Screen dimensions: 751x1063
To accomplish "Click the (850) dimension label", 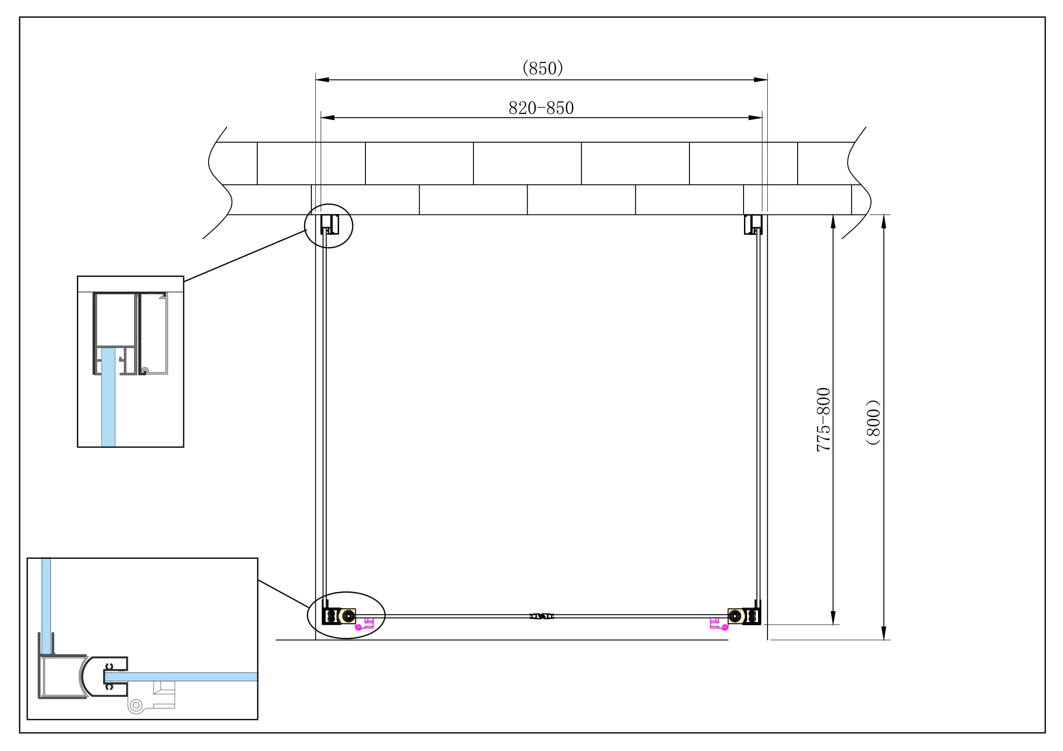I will (x=542, y=69).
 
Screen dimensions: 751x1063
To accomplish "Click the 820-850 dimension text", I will (x=541, y=108).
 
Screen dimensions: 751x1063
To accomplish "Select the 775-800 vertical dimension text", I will (x=823, y=419).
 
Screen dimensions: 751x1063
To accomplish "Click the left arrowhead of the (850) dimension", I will (x=322, y=80).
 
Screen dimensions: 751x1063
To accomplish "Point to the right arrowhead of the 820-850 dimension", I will (x=756, y=118).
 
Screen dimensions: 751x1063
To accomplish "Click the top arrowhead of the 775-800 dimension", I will (x=833, y=221).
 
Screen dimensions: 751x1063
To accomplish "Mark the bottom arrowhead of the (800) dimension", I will (x=883, y=633).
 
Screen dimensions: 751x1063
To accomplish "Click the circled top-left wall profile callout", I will (x=329, y=226).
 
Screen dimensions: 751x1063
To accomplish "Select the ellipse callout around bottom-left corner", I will (x=346, y=615).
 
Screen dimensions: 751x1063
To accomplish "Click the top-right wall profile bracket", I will (x=753, y=224).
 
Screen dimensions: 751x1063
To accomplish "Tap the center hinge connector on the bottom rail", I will (x=541, y=617).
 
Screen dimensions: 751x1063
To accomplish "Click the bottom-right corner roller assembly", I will (x=744, y=616).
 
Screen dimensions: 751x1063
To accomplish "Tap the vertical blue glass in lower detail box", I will (x=46, y=602).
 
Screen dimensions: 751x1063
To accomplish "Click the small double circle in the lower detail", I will (x=135, y=706).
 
